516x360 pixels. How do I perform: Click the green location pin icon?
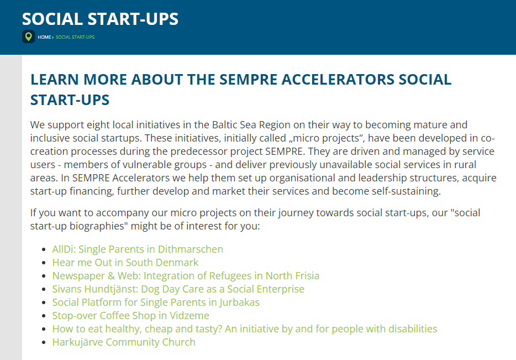[29, 36]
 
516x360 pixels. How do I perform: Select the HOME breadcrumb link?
[44, 37]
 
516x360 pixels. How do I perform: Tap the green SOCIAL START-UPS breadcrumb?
[75, 37]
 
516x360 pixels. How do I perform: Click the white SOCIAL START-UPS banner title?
[101, 19]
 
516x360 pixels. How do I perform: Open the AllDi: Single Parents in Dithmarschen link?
[138, 249]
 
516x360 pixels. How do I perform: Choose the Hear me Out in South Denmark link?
[125, 263]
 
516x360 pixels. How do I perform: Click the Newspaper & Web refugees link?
[186, 276]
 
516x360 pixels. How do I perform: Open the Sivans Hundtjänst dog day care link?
[178, 289]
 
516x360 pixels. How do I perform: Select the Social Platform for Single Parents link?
[156, 302]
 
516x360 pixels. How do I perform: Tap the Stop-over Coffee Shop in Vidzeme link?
[130, 316]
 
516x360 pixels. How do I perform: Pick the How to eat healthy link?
[245, 328]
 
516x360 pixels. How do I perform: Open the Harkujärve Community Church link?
[124, 342]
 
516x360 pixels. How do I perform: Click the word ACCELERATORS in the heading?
[338, 80]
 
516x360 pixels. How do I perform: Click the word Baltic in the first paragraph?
[223, 125]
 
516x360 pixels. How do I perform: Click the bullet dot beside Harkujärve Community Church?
[44, 342]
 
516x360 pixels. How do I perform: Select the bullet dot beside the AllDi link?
[44, 249]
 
